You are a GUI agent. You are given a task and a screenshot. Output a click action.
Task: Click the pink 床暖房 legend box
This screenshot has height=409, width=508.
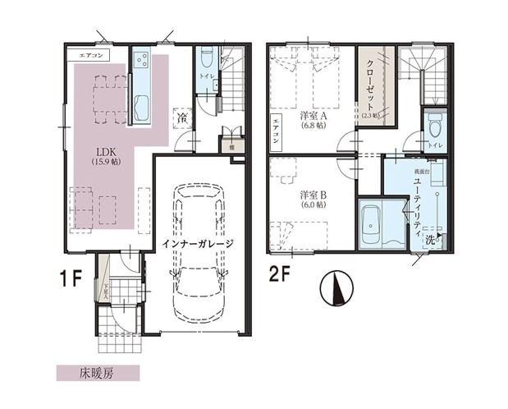[x=85, y=372]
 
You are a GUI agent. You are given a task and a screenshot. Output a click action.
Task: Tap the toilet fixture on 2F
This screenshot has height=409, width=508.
[x=435, y=125]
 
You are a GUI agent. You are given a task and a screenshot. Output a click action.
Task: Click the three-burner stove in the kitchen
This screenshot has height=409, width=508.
[x=140, y=62]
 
